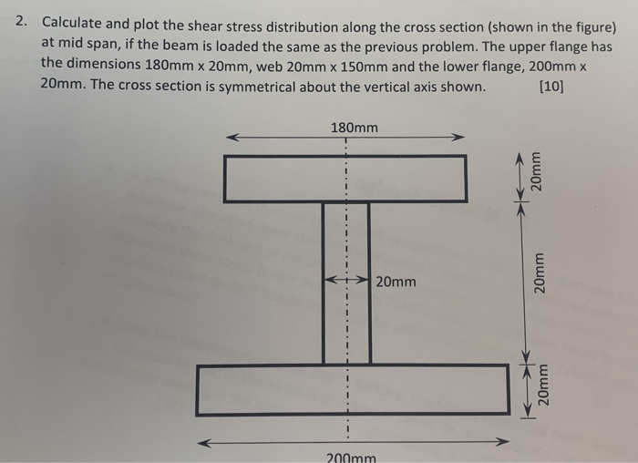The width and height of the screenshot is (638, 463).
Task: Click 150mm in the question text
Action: [x=358, y=65]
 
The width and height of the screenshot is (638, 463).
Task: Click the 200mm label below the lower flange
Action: [x=350, y=457]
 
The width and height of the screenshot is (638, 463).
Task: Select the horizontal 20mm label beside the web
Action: [x=396, y=282]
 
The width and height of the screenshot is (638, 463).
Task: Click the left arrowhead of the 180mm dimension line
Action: [x=232, y=139]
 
